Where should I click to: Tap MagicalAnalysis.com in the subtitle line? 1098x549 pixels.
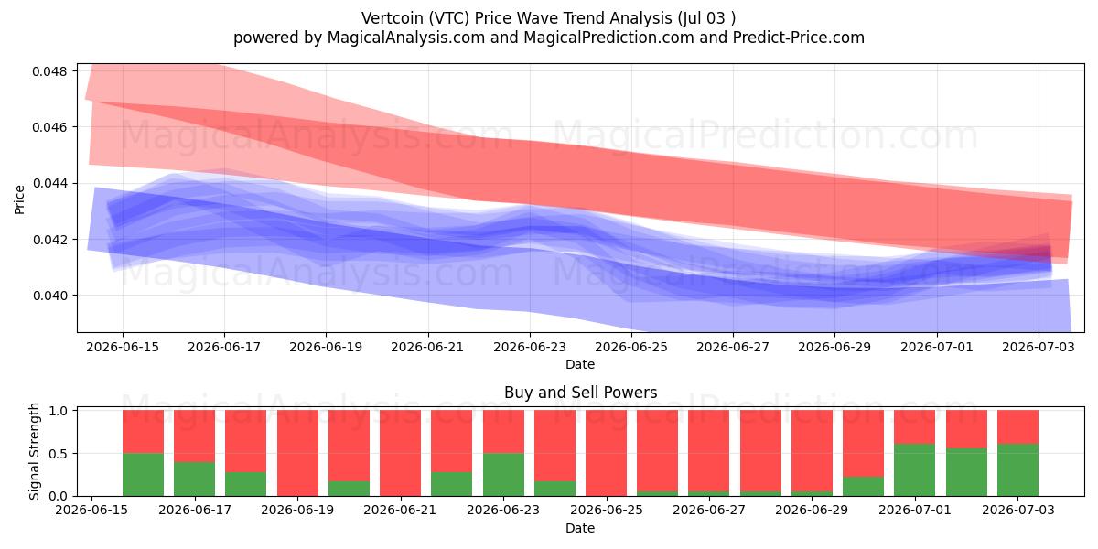click(x=406, y=38)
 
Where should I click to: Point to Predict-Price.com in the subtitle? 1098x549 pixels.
click(x=799, y=38)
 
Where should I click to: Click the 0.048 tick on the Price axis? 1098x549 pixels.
click(x=49, y=71)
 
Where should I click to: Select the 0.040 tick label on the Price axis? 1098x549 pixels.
click(x=49, y=296)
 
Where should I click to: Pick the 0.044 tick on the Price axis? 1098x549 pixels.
click(x=49, y=184)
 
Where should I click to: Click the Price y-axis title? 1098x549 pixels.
click(x=19, y=200)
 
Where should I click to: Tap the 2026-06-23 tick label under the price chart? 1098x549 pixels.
click(x=530, y=347)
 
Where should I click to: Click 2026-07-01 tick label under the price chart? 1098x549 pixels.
click(x=937, y=347)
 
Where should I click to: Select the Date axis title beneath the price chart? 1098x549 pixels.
click(x=580, y=364)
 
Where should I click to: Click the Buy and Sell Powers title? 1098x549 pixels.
click(x=580, y=393)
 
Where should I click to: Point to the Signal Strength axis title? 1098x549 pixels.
click(x=34, y=451)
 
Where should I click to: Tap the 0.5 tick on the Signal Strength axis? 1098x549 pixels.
click(x=58, y=454)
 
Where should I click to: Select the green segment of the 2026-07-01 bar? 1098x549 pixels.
click(x=915, y=470)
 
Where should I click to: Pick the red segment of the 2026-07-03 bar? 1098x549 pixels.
click(x=1017, y=427)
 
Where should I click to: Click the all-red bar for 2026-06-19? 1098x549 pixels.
click(x=297, y=453)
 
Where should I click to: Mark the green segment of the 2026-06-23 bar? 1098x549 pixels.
click(x=503, y=475)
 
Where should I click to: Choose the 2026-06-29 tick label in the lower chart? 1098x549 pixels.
click(x=812, y=510)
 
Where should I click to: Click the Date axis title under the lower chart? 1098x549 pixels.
click(x=580, y=528)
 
